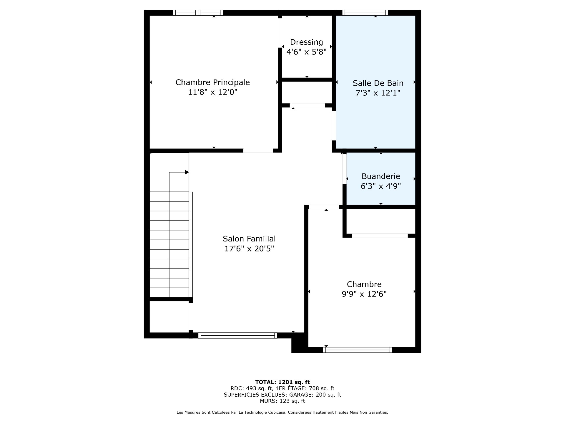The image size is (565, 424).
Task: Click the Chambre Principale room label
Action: tap(212, 82)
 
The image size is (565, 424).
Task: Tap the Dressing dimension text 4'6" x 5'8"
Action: tap(306, 52)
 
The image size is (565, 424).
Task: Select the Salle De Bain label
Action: tap(378, 83)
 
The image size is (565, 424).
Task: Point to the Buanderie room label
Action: tap(380, 176)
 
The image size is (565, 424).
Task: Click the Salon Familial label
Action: tap(249, 239)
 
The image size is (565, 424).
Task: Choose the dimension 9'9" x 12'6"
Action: tap(364, 294)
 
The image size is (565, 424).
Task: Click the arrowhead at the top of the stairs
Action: tap(187, 172)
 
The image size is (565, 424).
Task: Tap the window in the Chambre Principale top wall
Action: tap(198, 13)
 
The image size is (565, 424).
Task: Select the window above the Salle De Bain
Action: tap(365, 13)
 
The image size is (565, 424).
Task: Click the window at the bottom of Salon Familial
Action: tap(237, 335)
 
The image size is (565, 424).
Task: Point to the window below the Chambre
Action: tap(357, 350)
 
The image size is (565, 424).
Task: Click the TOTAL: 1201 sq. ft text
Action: tap(282, 382)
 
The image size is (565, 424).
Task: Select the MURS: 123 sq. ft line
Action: tap(282, 401)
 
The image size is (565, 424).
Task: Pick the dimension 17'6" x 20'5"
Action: tap(249, 249)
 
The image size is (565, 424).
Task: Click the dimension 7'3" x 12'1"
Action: tap(378, 93)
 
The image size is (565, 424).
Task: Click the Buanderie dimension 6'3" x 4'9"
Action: tap(380, 186)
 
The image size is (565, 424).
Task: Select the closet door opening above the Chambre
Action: tap(380, 236)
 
